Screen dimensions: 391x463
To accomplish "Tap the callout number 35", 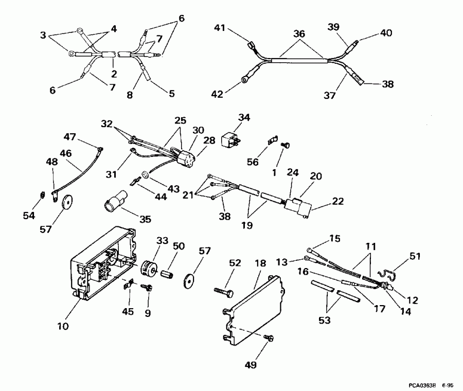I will coord(146,219).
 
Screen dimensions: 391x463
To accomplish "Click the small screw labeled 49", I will coord(268,337).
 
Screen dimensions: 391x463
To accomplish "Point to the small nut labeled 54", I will coord(42,194).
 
